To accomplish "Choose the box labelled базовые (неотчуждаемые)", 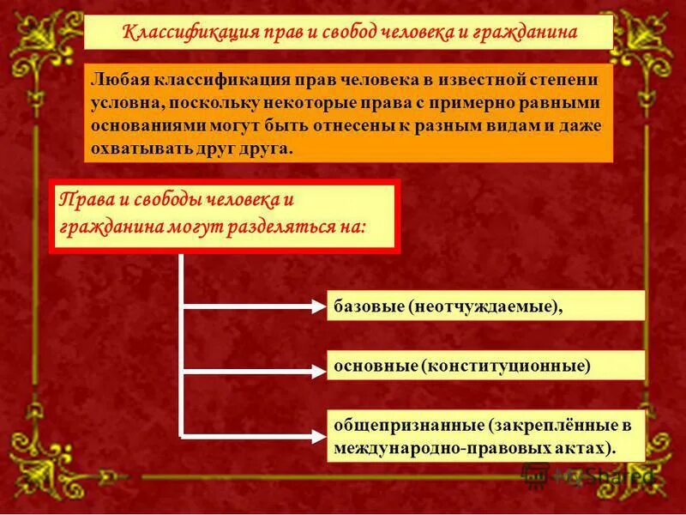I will [485, 306].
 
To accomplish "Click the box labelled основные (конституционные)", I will [485, 365].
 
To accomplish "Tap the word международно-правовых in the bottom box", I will [427, 448].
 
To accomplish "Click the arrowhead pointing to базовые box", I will [315, 305].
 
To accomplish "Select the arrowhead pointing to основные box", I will [315, 372].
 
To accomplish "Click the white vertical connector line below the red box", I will [181, 343].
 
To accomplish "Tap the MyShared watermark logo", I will [592, 475].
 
